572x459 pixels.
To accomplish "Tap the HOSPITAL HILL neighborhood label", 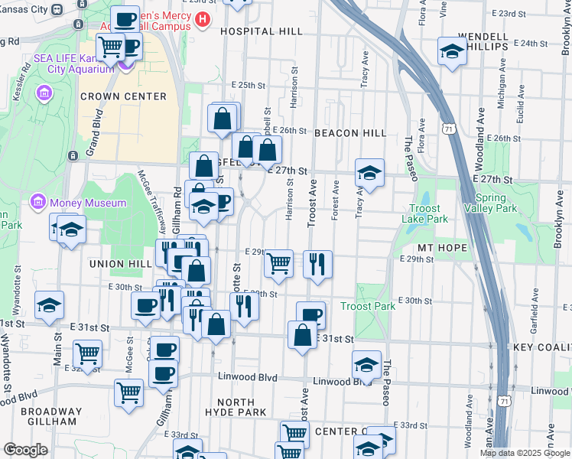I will pos(261,32).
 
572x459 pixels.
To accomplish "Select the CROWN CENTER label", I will pos(123,96).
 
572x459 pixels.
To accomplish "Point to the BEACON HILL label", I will pos(350,133).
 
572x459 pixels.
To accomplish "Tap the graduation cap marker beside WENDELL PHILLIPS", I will pos(453,52).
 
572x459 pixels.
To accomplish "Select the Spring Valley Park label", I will pos(485,203).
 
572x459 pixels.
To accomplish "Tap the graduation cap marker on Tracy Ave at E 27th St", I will pos(369,174).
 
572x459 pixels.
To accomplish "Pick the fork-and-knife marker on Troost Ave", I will pos(317,265).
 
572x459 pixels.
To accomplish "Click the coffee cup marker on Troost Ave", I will pos(310,315).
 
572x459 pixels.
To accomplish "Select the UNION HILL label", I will pos(116,264).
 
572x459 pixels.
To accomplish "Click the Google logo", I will pos(25,450).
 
